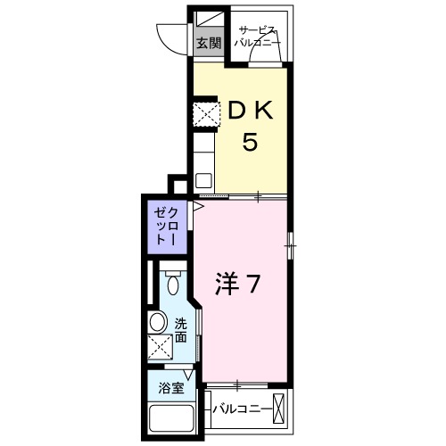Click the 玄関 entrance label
pyautogui.click(x=209, y=44)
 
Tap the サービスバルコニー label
pyautogui.click(x=258, y=37)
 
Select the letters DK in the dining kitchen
pyautogui.click(x=251, y=111)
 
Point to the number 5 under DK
pyautogui.click(x=250, y=142)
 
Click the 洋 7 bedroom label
pyautogui.click(x=238, y=284)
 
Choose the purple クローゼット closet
pyautogui.click(x=168, y=227)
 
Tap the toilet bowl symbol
pyautogui.click(x=173, y=283)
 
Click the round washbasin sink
pyautogui.click(x=157, y=322)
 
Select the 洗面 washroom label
pyautogui.click(x=181, y=330)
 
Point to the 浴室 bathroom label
pyautogui.click(x=171, y=388)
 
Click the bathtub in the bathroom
pyautogui.click(x=171, y=417)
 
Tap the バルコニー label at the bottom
pyautogui.click(x=242, y=409)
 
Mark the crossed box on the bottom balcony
pyautogui.click(x=278, y=409)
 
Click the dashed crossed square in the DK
pyautogui.click(x=207, y=114)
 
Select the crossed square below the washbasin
pyautogui.click(x=160, y=347)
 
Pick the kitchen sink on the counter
pyautogui.click(x=203, y=180)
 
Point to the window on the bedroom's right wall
pyautogui.click(x=291, y=246)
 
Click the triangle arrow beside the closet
pyautogui.click(x=198, y=206)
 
